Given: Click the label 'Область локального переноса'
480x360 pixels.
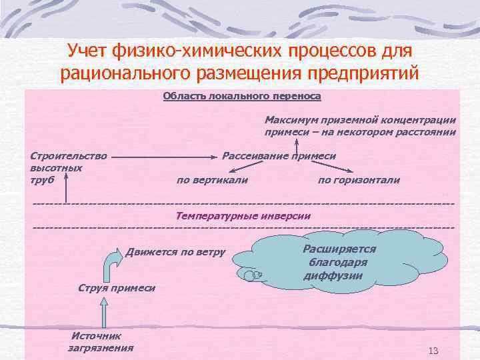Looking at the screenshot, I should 242,96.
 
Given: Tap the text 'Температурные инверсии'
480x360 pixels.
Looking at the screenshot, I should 243,215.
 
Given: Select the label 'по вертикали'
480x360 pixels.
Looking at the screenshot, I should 212,180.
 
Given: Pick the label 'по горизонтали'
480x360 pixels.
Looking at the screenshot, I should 359,180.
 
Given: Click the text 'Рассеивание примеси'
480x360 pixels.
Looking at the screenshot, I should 279,156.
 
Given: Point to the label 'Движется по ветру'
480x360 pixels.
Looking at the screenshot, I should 175,252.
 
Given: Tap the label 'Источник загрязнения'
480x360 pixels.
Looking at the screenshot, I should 101,342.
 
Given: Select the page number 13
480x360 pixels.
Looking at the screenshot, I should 433,351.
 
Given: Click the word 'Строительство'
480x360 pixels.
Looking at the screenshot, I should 69,156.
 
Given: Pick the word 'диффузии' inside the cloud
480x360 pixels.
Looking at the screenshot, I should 333,275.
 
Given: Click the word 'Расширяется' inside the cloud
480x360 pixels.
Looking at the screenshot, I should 339,249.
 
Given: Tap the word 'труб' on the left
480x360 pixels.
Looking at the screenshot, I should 41,179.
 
